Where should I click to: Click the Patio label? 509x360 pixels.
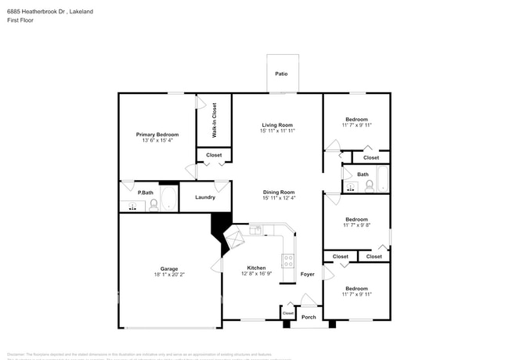281,74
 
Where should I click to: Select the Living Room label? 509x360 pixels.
277,125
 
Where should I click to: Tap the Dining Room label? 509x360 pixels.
279,192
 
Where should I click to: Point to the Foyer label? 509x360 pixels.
307,274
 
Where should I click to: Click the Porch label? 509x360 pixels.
309,317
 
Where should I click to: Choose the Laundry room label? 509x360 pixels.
205,197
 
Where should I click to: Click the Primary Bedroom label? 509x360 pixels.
157,135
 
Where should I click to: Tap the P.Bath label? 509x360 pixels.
146,192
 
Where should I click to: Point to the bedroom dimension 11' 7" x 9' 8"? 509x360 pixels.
356,225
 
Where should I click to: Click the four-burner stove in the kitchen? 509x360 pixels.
288,261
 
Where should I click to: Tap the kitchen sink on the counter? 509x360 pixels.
256,230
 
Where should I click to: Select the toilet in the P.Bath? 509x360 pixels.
153,205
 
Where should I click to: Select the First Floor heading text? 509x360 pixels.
19,20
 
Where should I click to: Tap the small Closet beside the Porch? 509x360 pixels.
288,313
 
